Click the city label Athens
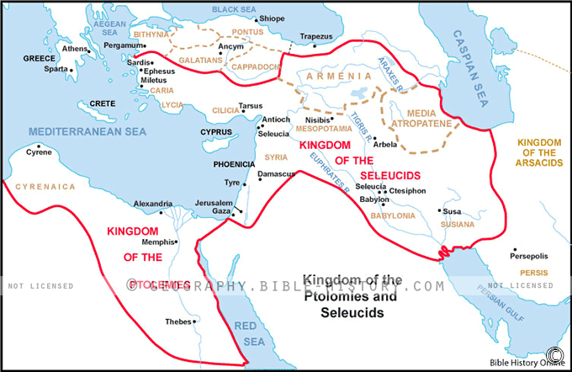[x=74, y=49]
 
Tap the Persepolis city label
[x=528, y=255]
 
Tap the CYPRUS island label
[x=215, y=132]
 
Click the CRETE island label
[x=102, y=103]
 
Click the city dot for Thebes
[x=195, y=321]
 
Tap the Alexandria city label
[x=154, y=204]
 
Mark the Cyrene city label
[x=39, y=154]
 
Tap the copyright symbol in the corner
[x=554, y=353]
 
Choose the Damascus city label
[x=276, y=173]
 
